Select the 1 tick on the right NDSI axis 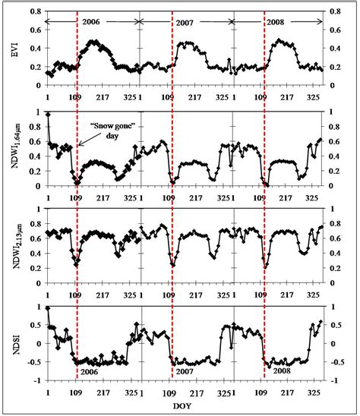330,307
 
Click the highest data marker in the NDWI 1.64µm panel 48,114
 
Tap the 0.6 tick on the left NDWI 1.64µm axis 30,141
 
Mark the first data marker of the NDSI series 48,308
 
